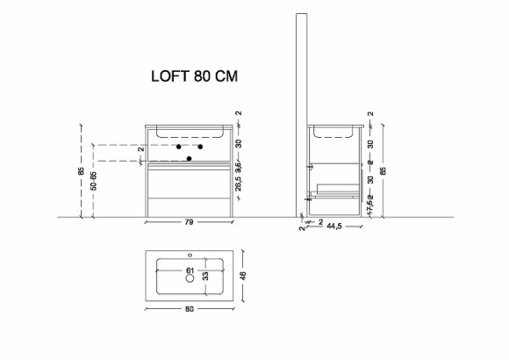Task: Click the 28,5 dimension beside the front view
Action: [x=238, y=187]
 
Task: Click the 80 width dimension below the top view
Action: [x=189, y=309]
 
